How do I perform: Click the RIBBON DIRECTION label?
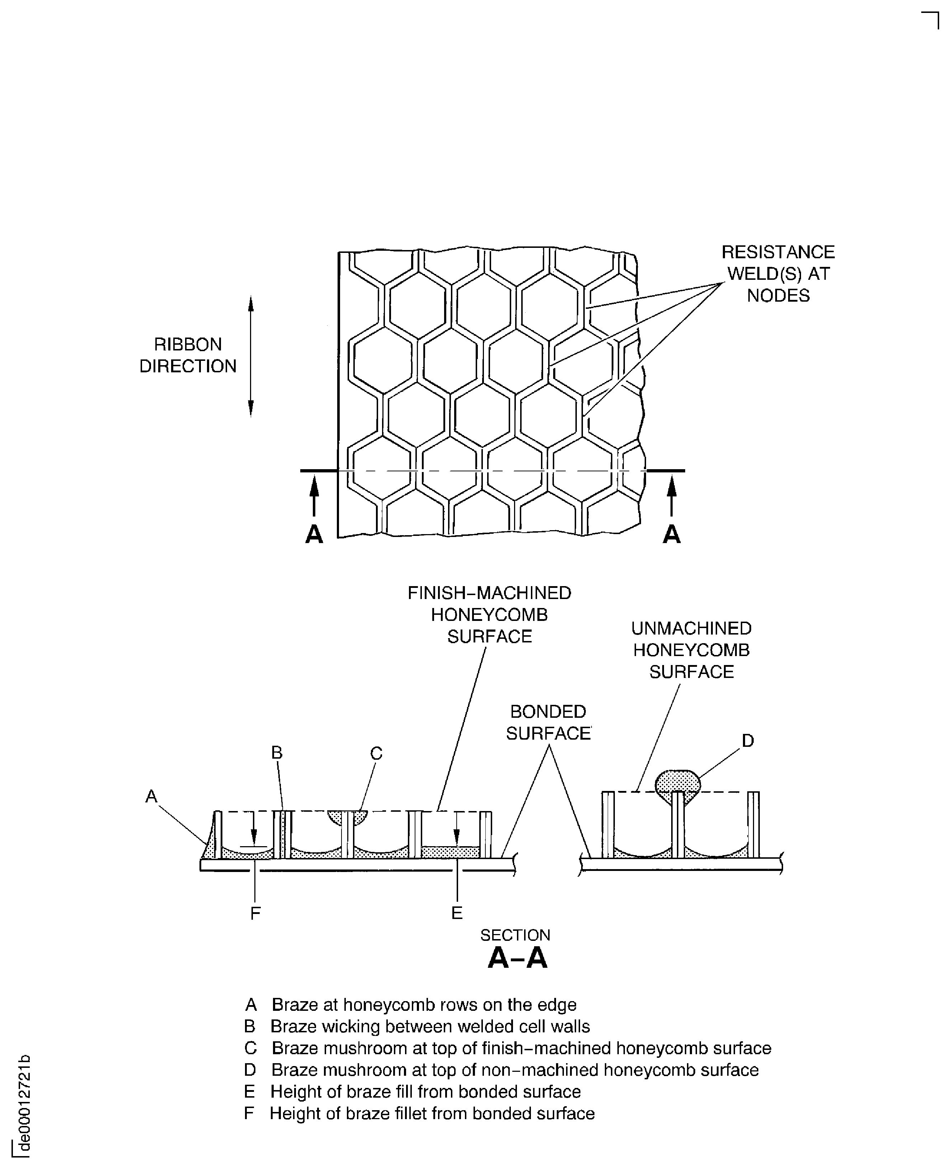pos(188,355)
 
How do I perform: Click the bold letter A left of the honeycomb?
pos(314,533)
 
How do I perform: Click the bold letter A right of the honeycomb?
pos(672,533)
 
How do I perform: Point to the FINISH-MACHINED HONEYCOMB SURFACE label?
pos(489,614)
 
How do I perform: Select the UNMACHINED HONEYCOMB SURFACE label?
pos(691,650)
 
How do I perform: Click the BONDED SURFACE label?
pos(549,722)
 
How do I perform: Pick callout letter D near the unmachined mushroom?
pos(748,741)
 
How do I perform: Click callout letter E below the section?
pos(457,913)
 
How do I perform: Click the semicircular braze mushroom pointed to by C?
pos(347,818)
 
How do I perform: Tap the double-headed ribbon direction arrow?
pos(251,356)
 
